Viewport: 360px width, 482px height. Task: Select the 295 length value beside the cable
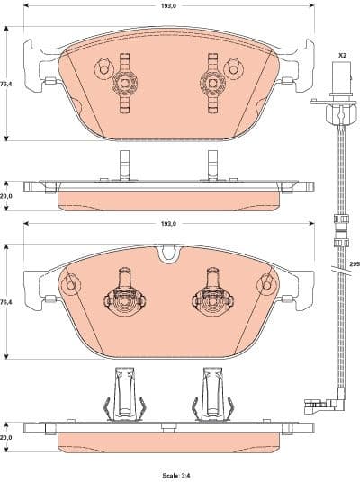pyautogui.click(x=354, y=265)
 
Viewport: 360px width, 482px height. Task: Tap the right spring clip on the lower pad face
pyautogui.click(x=209, y=297)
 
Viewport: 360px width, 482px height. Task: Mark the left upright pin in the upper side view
pyautogui.click(x=121, y=165)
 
